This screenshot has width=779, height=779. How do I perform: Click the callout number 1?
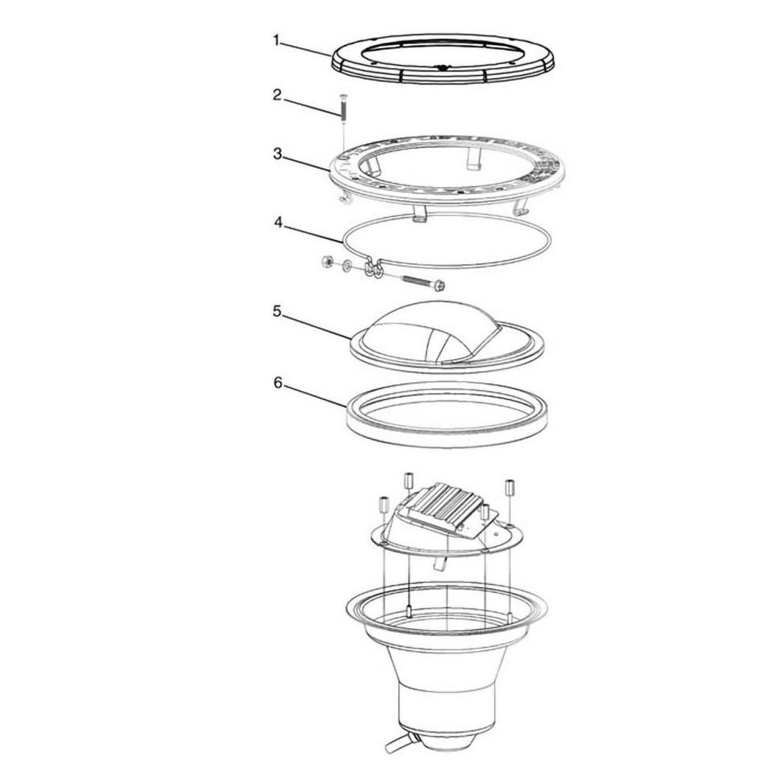click(x=277, y=41)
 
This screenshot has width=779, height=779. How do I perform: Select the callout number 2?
click(x=277, y=94)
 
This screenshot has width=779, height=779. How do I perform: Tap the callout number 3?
click(x=277, y=153)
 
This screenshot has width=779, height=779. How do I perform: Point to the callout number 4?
click(x=278, y=222)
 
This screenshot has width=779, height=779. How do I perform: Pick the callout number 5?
click(x=277, y=311)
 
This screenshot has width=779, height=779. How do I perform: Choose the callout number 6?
click(x=277, y=383)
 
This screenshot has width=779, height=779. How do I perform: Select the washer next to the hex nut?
click(x=347, y=264)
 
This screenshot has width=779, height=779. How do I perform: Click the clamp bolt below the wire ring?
click(x=422, y=283)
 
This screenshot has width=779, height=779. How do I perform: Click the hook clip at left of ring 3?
click(x=342, y=197)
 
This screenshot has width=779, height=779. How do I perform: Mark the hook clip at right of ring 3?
click(x=519, y=208)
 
